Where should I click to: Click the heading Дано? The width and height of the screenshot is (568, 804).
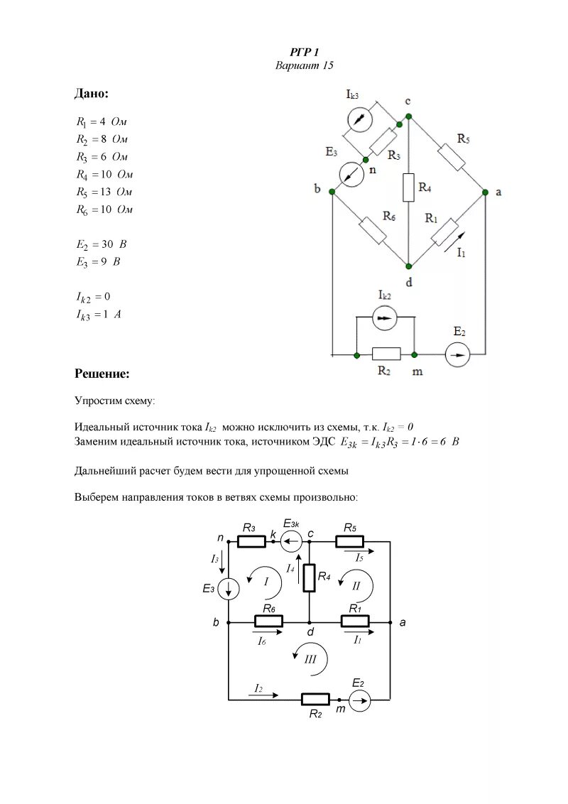(92, 94)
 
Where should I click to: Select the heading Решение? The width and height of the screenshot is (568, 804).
(102, 374)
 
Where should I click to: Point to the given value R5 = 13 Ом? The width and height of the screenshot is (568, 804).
(104, 192)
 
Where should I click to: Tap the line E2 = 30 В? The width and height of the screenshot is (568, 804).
(102, 244)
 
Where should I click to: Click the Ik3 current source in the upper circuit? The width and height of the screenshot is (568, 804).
(361, 118)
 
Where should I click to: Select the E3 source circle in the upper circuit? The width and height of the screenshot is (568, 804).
(351, 174)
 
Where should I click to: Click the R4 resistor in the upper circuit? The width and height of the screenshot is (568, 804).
(408, 187)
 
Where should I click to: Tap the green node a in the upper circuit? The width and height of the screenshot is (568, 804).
(486, 192)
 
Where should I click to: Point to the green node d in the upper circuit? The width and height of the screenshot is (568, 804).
(409, 266)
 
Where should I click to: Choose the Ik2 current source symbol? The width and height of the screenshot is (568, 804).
(384, 319)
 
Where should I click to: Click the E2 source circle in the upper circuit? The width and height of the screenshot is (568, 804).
(458, 354)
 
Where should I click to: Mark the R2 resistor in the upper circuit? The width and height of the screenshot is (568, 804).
(386, 354)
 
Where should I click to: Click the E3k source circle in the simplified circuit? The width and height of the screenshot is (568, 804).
(291, 543)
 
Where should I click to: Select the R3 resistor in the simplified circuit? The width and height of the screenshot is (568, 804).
(251, 542)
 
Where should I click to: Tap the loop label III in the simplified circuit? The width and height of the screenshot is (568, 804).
(310, 658)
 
